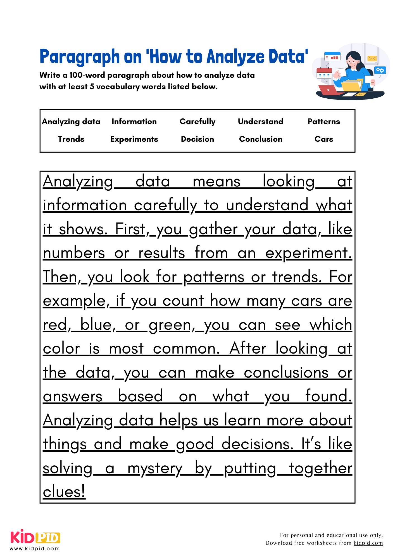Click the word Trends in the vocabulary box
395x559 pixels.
[x=71, y=139]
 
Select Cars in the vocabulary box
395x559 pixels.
[x=324, y=139]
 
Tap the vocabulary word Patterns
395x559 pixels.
[x=324, y=121]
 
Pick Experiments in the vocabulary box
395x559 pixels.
[x=134, y=139]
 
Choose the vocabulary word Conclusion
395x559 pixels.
[x=261, y=139]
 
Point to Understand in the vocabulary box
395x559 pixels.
[x=260, y=121]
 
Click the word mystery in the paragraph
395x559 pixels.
[x=155, y=468]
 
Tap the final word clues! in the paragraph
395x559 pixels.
[x=64, y=492]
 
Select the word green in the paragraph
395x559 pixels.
[x=170, y=325]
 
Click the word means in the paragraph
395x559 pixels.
[x=216, y=182]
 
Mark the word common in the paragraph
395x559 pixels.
[x=186, y=349]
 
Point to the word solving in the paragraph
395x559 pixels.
[x=67, y=468]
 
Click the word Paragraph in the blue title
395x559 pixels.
[x=80, y=57]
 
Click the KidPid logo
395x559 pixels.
[x=35, y=537]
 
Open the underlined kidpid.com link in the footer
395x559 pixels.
[x=368, y=543]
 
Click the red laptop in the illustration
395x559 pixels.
[x=329, y=90]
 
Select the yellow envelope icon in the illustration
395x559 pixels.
[x=372, y=58]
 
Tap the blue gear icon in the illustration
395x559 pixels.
[x=380, y=70]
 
